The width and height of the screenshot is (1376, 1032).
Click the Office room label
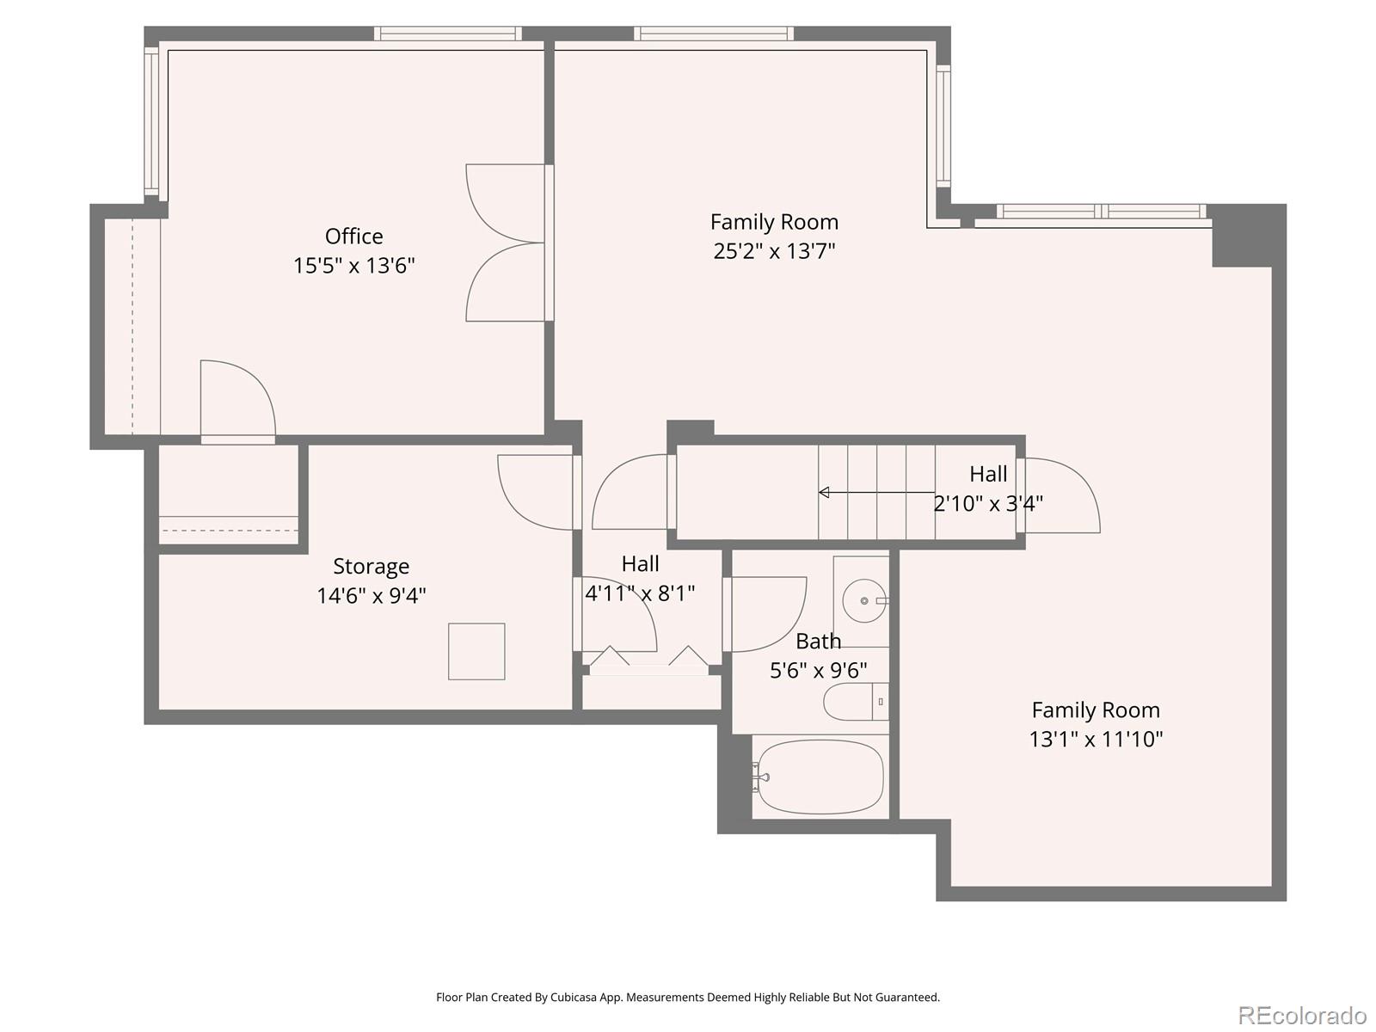coord(353,236)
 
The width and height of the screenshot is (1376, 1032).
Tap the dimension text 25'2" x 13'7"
coord(774,251)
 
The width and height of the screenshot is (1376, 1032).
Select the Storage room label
coord(371,566)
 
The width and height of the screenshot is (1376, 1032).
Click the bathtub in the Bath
coord(820,777)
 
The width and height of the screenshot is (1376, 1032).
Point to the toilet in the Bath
coord(854,702)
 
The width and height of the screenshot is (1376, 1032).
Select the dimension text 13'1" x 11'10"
coord(1096,739)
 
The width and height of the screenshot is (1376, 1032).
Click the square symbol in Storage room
coord(476,651)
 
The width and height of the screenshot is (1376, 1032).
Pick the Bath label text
coord(818,641)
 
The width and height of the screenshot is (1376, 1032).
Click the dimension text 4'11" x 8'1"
coord(640,593)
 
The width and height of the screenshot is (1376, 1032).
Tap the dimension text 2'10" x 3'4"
coord(988,503)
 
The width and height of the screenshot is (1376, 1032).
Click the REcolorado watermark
coord(1302,1015)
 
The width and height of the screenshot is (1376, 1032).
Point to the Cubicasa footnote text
coord(687,998)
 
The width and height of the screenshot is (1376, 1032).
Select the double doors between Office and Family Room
coord(505,243)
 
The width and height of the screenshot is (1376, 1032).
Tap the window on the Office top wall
coord(447,34)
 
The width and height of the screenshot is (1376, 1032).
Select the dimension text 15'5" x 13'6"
coord(353,265)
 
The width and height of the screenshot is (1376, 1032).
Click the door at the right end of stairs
coord(1060,495)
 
